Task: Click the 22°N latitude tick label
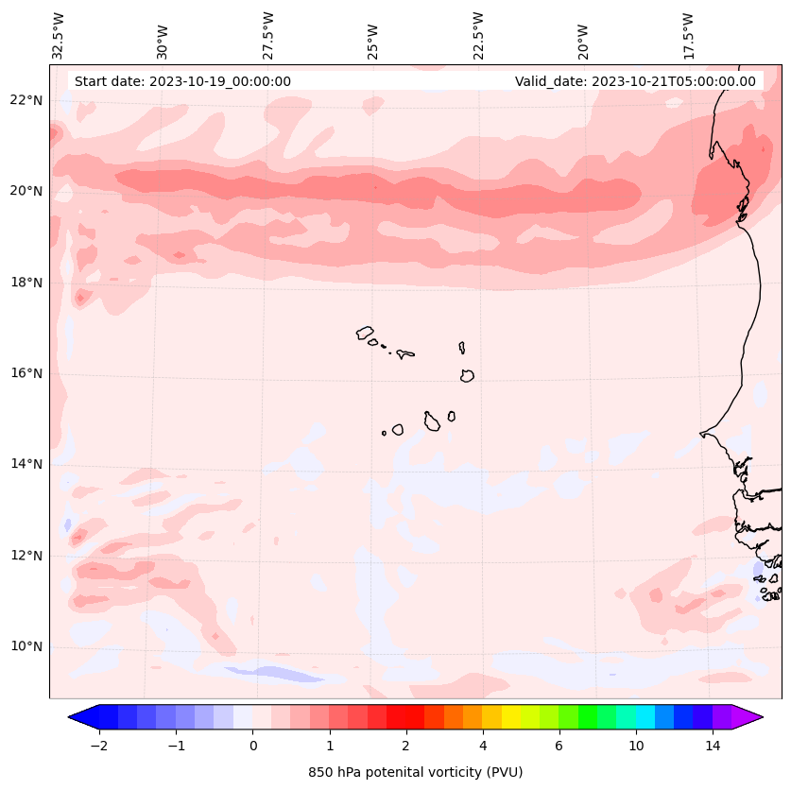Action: [x=26, y=100]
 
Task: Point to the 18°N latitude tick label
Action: [x=26, y=283]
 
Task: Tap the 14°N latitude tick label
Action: [x=26, y=464]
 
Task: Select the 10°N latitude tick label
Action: [x=26, y=646]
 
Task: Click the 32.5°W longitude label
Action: [x=59, y=35]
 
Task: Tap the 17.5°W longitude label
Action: [x=688, y=35]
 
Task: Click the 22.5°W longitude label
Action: [x=478, y=35]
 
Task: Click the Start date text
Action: [x=182, y=81]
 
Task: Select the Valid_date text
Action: [x=635, y=81]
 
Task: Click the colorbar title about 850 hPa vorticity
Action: [x=415, y=772]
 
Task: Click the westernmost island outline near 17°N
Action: [x=365, y=333]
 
